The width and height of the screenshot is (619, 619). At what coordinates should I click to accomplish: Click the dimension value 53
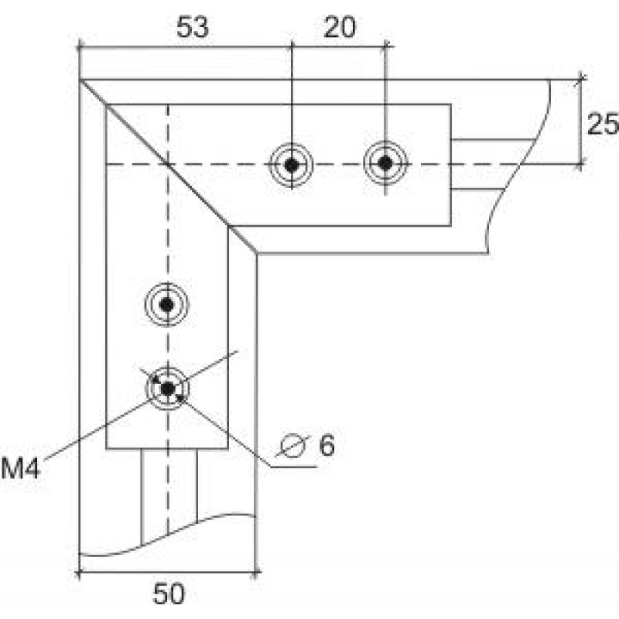[x=192, y=28]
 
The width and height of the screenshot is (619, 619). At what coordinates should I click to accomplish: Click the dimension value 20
[x=339, y=28]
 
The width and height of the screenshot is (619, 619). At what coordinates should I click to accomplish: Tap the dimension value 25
[x=602, y=124]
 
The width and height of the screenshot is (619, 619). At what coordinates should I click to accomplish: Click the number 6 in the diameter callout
[x=327, y=446]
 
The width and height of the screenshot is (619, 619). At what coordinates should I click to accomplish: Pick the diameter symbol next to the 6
[x=292, y=446]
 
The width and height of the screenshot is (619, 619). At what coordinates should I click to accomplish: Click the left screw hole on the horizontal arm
[x=291, y=164]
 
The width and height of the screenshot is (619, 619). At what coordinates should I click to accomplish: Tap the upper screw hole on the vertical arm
[x=168, y=304]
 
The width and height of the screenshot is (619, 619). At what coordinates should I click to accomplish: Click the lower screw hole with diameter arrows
[x=168, y=386]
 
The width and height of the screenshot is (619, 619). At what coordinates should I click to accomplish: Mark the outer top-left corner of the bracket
[x=80, y=78]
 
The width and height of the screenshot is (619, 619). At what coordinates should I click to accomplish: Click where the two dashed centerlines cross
[x=168, y=164]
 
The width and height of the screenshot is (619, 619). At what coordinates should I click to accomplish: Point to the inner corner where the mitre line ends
[x=256, y=252]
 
